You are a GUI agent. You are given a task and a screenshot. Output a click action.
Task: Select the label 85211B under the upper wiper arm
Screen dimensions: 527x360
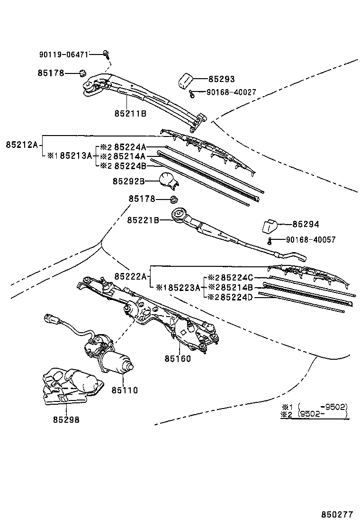[130, 114]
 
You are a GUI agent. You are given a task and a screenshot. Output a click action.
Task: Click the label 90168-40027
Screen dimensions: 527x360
[231, 92]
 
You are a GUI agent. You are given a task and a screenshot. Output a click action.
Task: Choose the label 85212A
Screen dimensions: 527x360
[22, 144]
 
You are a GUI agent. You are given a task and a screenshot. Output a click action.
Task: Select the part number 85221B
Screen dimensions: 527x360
[143, 220]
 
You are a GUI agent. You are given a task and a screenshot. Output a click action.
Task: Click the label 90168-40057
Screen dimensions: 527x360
[311, 240]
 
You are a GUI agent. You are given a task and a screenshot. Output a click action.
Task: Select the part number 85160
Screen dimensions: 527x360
[178, 358]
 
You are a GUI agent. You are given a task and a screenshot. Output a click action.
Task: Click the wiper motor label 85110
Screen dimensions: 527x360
[125, 390]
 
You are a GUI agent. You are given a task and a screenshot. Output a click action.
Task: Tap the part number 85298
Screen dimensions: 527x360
[66, 419]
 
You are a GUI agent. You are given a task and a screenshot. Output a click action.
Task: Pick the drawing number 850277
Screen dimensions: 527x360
[337, 513]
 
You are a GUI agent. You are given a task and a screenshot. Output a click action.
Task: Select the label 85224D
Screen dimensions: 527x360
[234, 297]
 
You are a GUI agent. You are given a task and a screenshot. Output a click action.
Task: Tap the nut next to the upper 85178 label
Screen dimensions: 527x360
[82, 73]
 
